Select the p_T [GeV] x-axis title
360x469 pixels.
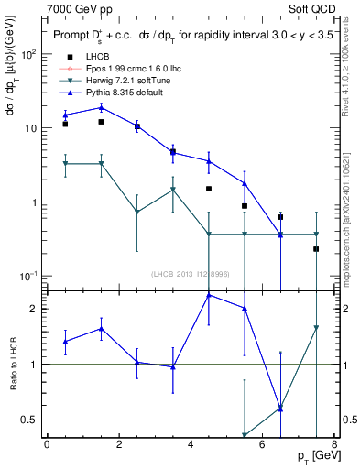(311, 457)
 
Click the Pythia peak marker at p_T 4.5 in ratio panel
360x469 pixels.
(209, 295)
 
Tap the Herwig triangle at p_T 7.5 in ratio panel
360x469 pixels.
(316, 328)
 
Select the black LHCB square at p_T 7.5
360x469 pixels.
(316, 249)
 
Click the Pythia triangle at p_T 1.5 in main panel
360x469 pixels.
(101, 107)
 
